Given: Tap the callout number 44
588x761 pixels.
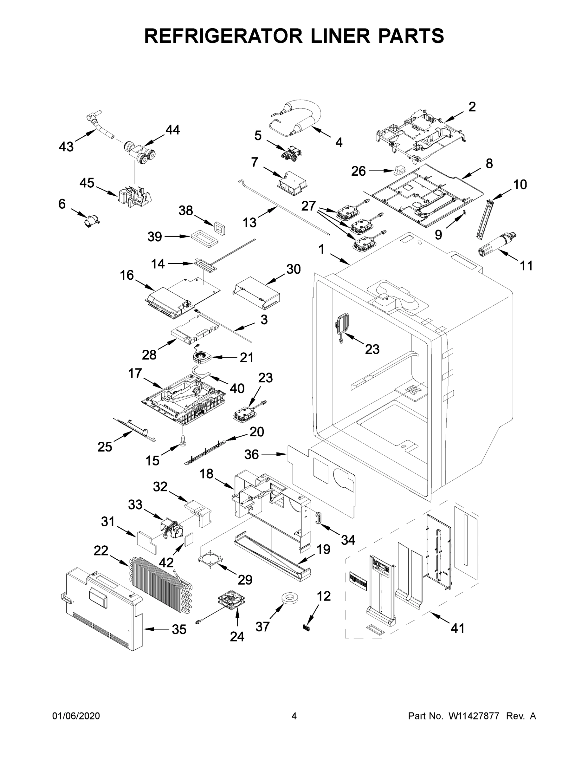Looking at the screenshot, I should pyautogui.click(x=172, y=130).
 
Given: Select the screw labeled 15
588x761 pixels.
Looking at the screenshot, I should pyautogui.click(x=182, y=440).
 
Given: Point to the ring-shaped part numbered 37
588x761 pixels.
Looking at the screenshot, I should pyautogui.click(x=290, y=599).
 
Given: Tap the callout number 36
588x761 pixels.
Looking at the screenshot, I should pyautogui.click(x=251, y=454).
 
